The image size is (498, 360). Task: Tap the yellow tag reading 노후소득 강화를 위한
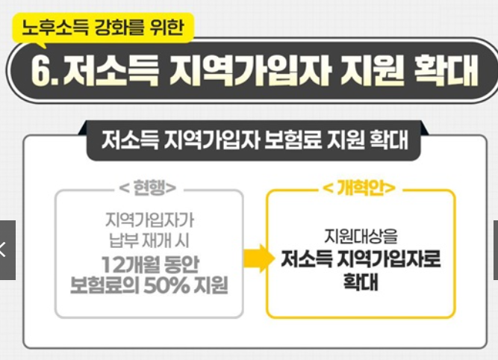[x=103, y=30]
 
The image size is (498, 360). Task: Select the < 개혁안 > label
[x=359, y=187]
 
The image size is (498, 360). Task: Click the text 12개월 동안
[x=149, y=264]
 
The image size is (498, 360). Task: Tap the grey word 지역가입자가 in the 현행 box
[x=149, y=222]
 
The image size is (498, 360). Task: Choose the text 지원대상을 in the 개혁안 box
[x=360, y=235]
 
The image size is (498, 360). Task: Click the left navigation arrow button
[x=6, y=249]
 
